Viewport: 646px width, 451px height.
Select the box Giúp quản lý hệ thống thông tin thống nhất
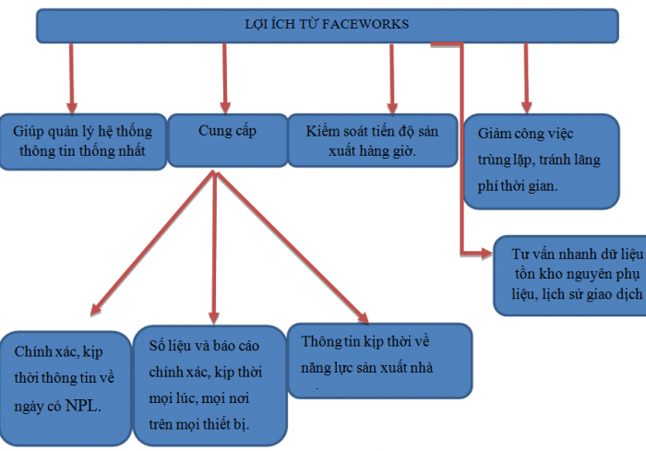(x=83, y=139)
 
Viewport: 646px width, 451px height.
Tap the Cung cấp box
(x=227, y=139)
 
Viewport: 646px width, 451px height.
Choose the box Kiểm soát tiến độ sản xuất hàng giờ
(x=373, y=139)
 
